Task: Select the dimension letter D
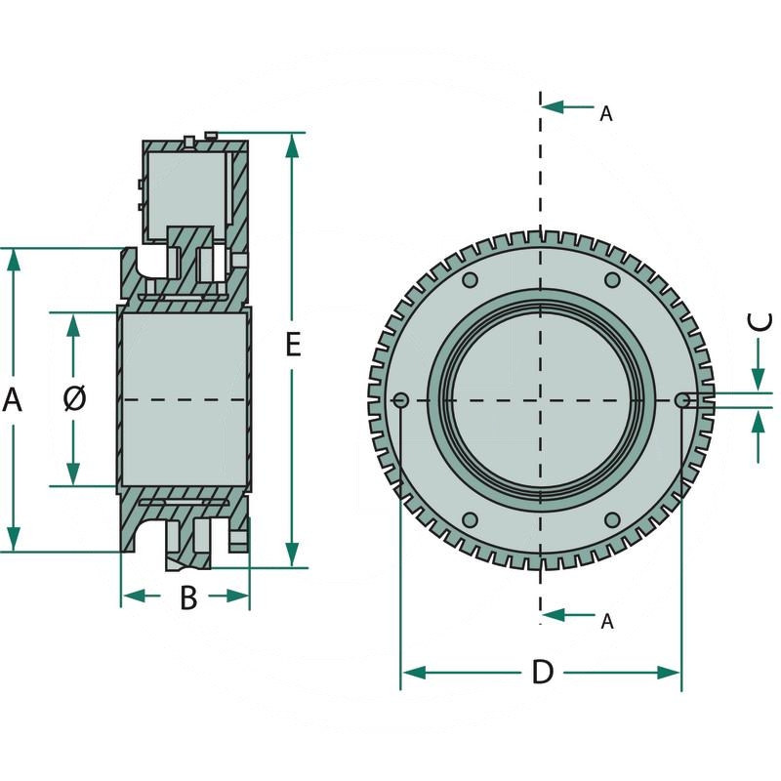pyautogui.click(x=542, y=672)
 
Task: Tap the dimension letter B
pyautogui.click(x=188, y=596)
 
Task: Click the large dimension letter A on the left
pyautogui.click(x=13, y=399)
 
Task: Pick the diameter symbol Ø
pyautogui.click(x=74, y=398)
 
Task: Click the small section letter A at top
pyautogui.click(x=605, y=114)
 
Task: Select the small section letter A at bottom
pyautogui.click(x=606, y=621)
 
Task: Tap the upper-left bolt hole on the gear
pyautogui.click(x=470, y=281)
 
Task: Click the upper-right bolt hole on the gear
pyautogui.click(x=612, y=281)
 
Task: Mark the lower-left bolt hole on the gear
pyautogui.click(x=470, y=518)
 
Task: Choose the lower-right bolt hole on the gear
pyautogui.click(x=612, y=518)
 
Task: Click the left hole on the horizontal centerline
pyautogui.click(x=400, y=399)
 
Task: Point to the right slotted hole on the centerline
pyautogui.click(x=683, y=399)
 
